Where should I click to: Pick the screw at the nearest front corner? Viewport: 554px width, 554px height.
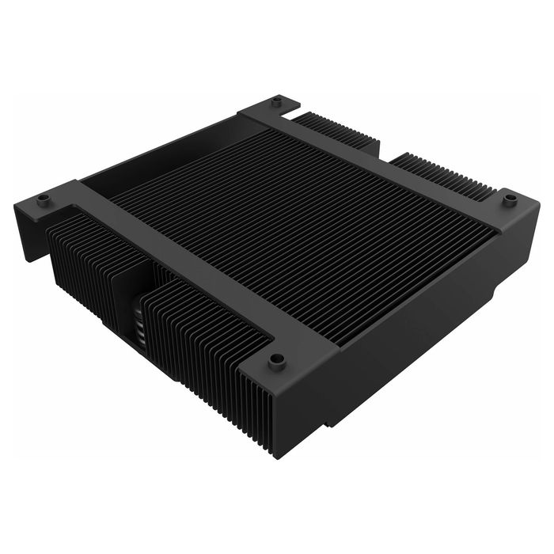(x=276, y=361)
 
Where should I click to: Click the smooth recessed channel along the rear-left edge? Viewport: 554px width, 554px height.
(x=158, y=162)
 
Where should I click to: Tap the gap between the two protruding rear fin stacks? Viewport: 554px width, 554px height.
(x=385, y=152)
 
